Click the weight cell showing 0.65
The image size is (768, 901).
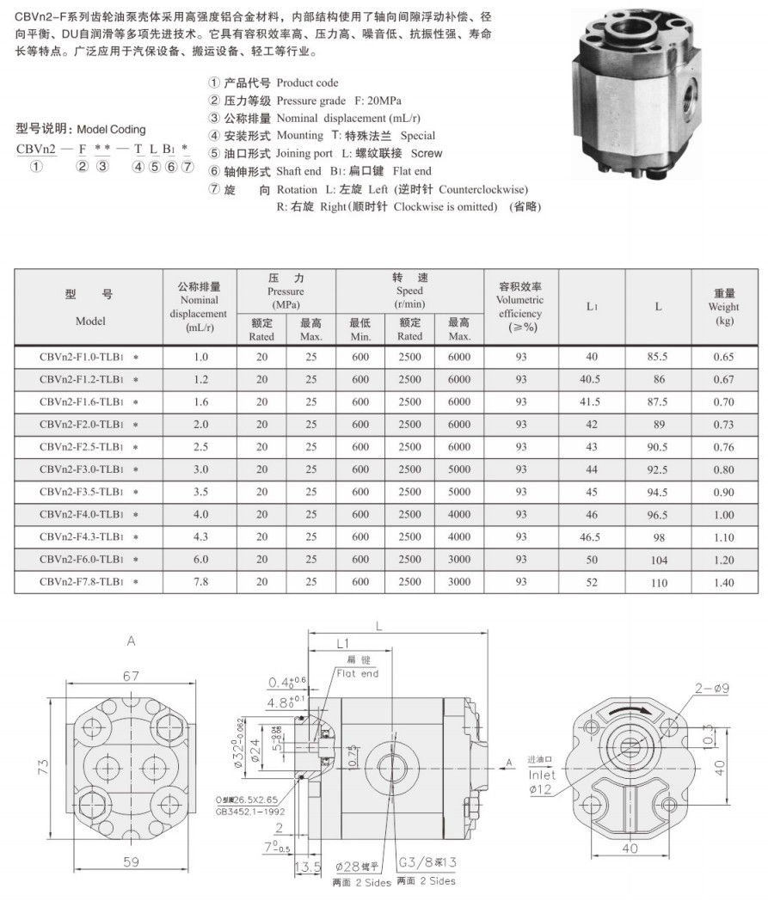(724, 357)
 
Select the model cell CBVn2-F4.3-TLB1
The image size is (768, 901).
(89, 536)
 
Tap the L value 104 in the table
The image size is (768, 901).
(658, 560)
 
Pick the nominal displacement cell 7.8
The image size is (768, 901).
(200, 582)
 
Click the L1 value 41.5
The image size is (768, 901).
(591, 401)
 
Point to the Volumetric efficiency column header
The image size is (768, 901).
(521, 306)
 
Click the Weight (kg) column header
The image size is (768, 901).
(724, 307)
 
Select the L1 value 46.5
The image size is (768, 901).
(591, 536)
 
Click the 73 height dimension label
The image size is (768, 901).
(44, 767)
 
